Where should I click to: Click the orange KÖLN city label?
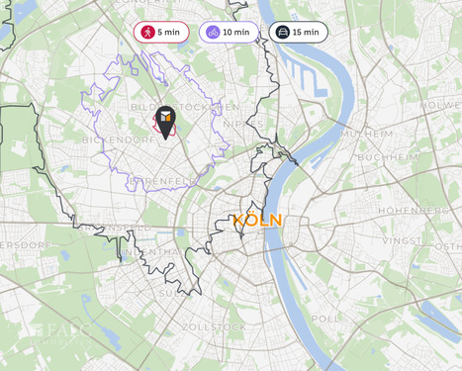(257, 221)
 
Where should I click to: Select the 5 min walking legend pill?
(161, 32)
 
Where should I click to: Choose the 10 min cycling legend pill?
(229, 32)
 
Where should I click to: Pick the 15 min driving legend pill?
(298, 32)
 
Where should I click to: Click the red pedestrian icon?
(147, 32)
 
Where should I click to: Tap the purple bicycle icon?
(213, 32)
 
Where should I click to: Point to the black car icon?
(282, 32)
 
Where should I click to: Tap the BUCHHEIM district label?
(385, 157)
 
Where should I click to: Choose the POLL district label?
(325, 320)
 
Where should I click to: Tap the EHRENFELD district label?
(160, 182)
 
